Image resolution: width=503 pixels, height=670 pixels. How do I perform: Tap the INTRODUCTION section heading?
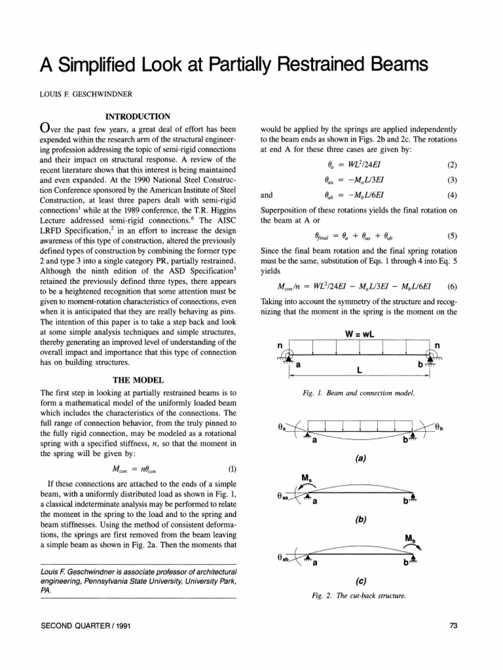tap(138, 117)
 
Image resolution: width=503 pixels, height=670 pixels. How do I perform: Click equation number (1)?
tap(231, 469)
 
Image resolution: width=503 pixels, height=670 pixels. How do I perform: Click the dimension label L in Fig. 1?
tap(359, 370)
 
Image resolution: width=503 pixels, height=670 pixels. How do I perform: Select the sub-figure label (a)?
tap(360, 458)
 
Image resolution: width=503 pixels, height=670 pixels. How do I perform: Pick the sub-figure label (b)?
tap(360, 521)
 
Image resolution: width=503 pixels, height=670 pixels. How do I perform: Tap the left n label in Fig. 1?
tap(280, 345)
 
